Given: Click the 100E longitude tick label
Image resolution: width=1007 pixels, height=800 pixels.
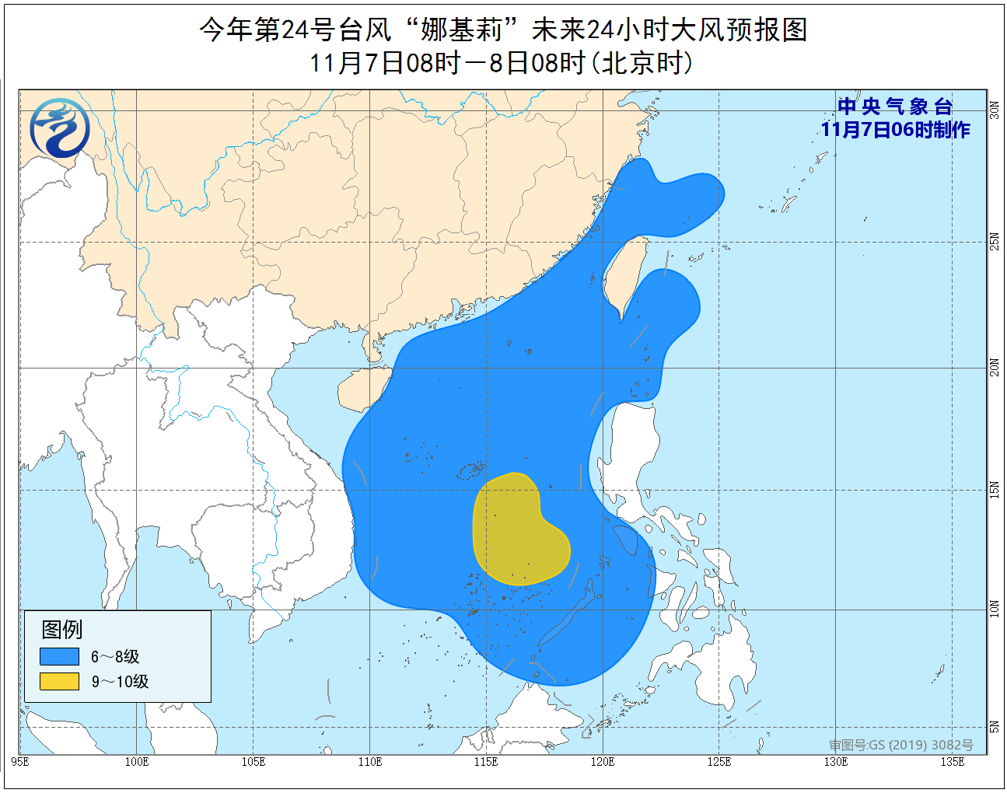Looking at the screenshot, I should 136,761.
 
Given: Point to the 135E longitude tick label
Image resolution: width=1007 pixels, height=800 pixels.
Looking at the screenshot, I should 952,761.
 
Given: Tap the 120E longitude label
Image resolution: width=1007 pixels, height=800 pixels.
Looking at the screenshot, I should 602,761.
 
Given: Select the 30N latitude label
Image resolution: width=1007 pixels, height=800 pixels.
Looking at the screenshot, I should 995,110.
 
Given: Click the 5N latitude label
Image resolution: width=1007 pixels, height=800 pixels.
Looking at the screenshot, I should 995,727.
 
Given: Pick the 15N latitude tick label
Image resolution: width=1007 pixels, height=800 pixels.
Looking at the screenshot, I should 995,490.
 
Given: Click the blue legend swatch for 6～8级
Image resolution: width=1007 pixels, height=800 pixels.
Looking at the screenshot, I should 60,656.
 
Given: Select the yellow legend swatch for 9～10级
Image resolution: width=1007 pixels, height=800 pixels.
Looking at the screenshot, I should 60,681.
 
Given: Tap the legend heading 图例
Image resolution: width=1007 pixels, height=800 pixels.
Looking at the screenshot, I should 61,629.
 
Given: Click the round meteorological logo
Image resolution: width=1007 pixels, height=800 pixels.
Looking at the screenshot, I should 60,128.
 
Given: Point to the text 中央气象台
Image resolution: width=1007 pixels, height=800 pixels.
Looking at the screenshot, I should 895,107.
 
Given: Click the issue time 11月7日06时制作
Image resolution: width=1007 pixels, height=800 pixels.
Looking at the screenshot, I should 895,130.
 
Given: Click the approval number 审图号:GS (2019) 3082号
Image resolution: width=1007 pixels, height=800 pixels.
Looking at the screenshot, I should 900,745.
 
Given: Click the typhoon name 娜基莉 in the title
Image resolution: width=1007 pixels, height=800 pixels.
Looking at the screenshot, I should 460,30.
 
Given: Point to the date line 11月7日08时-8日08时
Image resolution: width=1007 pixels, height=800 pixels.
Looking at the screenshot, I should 502,63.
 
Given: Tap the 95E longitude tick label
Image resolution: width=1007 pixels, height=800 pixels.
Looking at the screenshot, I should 21,761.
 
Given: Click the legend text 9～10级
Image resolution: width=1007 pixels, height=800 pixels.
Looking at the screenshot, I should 120,681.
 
